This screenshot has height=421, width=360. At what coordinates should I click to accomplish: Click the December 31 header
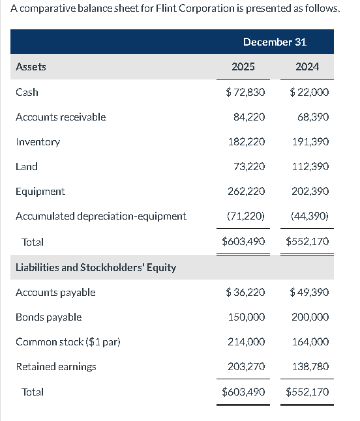pos(275,42)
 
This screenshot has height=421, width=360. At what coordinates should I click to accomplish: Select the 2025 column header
pos(243,66)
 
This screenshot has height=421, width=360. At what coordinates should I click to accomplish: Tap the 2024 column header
pos(307,66)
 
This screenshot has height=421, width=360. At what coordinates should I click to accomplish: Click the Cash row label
pos(27,92)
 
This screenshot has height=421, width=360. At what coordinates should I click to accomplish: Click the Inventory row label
pos(37,141)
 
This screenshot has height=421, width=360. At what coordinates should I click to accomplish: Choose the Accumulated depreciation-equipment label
pos(100,216)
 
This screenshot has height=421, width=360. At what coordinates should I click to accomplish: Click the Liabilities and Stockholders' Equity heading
pos(95,267)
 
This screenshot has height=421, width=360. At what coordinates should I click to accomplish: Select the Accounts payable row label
pos(55,292)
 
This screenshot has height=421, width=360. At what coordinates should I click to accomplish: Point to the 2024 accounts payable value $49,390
pos(308,292)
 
